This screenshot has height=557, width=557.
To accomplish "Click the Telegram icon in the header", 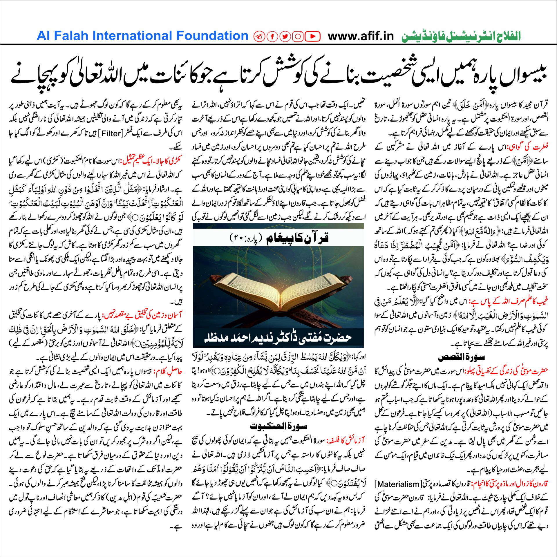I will (259, 36).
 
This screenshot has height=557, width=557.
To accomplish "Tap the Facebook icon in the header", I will (272, 36).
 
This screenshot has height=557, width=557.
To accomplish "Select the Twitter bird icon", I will (285, 36).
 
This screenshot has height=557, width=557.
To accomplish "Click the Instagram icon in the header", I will (298, 36).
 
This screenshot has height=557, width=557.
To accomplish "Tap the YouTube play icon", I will (312, 36).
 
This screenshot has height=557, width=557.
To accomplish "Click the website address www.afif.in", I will (361, 36).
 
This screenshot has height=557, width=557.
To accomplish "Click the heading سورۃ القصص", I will (461, 357).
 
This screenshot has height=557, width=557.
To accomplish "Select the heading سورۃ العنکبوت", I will (278, 426).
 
